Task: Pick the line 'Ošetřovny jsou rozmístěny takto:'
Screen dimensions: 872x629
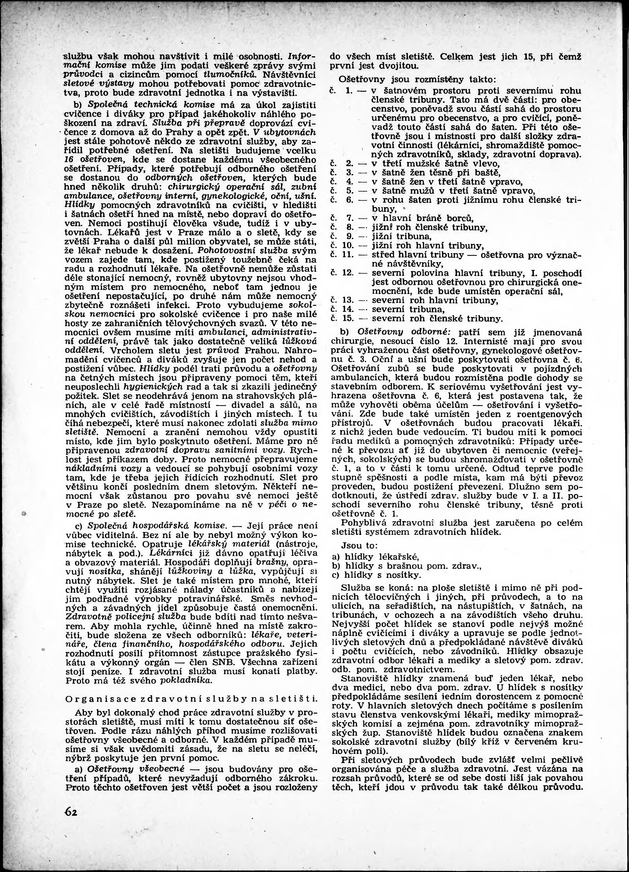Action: (x=417, y=80)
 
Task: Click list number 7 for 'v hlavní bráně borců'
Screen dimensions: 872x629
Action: (x=349, y=218)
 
